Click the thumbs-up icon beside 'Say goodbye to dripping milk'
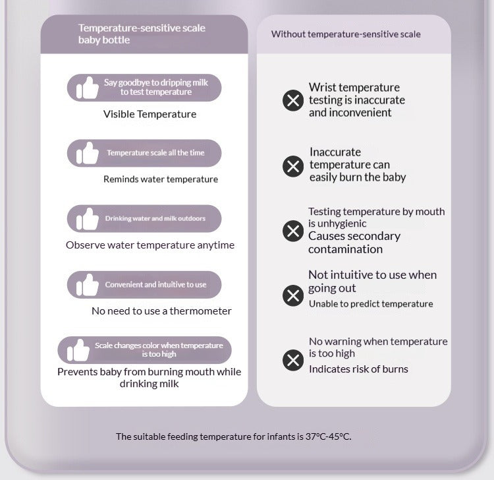point(87,88)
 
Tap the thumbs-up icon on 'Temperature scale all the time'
point(87,153)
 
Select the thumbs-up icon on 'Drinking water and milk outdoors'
point(87,219)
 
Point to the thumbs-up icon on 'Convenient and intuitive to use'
point(87,285)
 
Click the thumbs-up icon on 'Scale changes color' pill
point(78,350)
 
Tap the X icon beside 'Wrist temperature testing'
point(293,101)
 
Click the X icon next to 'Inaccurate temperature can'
point(293,166)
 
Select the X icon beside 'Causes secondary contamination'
point(293,231)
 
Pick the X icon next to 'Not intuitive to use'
point(293,295)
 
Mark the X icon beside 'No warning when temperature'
point(293,360)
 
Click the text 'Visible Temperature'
point(150,114)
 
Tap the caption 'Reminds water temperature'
point(160,179)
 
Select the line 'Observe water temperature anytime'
point(150,245)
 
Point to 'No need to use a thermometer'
point(161,311)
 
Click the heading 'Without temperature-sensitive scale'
point(345,34)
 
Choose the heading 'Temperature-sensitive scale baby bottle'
point(142,34)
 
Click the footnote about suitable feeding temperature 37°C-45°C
point(233,436)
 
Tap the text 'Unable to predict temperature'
point(371,304)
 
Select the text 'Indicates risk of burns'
point(358,369)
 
